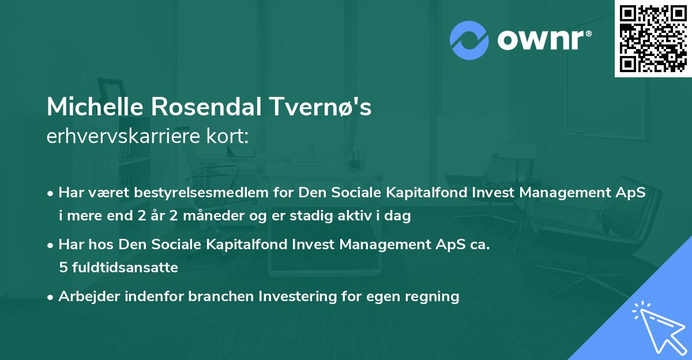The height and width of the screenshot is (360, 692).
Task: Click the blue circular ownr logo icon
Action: [x=469, y=39]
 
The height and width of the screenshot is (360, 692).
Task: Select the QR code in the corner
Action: [x=652, y=38]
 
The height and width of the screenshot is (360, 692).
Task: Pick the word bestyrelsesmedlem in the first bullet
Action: [x=186, y=193]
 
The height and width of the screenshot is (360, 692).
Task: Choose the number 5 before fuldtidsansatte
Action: [x=62, y=268]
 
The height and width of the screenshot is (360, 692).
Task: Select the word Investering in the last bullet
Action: [x=296, y=297]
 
